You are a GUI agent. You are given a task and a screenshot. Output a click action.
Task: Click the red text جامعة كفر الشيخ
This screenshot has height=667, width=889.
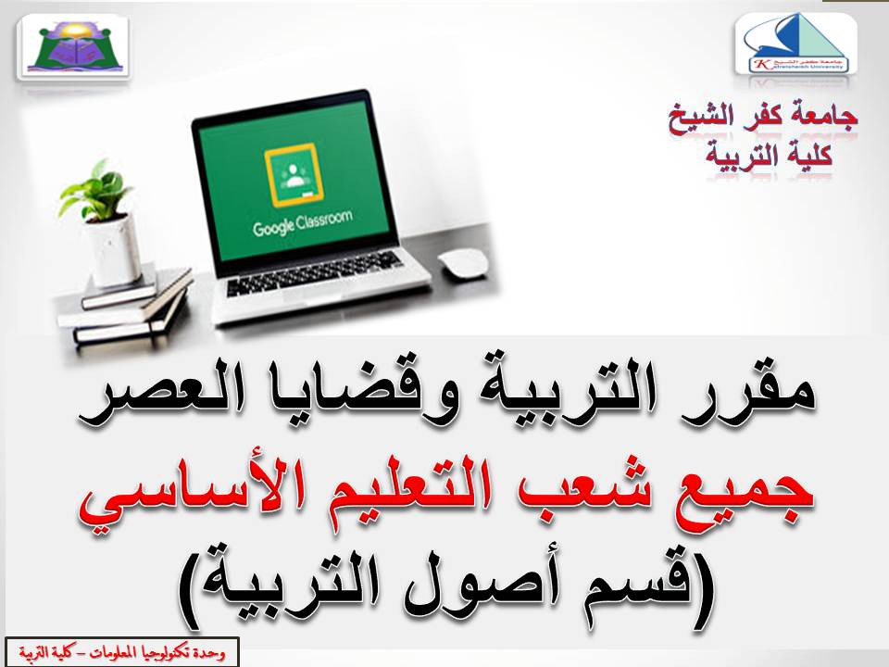click(x=765, y=119)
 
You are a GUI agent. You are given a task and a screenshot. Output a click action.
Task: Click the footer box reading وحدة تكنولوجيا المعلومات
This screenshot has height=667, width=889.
click(x=120, y=652)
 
